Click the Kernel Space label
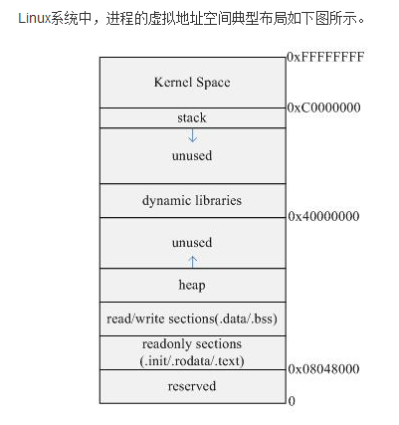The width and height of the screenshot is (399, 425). click(x=192, y=81)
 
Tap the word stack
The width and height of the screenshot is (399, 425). click(x=192, y=117)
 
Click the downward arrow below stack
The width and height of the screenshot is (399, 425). click(x=192, y=135)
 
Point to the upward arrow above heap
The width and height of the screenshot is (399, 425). click(x=192, y=261)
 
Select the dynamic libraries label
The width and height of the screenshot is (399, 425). click(x=192, y=200)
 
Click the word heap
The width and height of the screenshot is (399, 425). click(x=192, y=285)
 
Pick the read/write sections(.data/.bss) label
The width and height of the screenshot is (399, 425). click(x=192, y=319)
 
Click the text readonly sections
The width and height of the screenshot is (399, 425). click(x=192, y=344)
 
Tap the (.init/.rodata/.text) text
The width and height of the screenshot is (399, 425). click(x=192, y=359)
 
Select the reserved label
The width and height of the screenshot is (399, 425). click(x=192, y=385)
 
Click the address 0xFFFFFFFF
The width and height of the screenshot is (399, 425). click(x=325, y=58)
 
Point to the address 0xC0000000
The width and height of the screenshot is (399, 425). click(x=324, y=106)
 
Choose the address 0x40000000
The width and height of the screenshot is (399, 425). click(x=324, y=216)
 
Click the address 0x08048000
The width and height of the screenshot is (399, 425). click(x=324, y=369)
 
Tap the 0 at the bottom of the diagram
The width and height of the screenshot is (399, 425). click(x=292, y=401)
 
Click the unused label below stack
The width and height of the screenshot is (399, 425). click(x=192, y=156)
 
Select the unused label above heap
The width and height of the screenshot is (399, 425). click(x=192, y=242)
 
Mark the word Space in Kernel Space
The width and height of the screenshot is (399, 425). click(x=211, y=81)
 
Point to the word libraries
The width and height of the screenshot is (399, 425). click(x=217, y=200)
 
